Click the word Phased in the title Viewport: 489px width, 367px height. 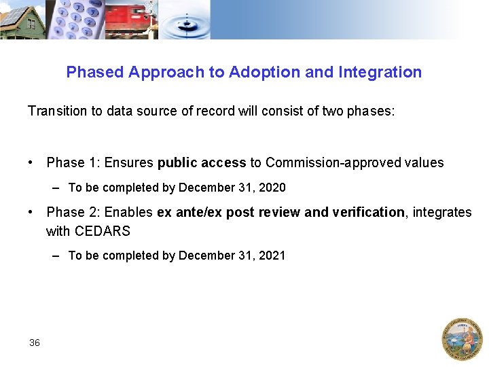tap(94, 72)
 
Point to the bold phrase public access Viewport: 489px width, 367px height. tap(202, 163)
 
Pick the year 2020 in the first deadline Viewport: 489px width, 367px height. tap(273, 188)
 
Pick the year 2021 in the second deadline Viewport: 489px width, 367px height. tap(273, 256)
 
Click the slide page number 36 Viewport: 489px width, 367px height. tap(35, 343)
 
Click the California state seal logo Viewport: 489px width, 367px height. tap(463, 338)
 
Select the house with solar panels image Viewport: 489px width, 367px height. tap(22, 19)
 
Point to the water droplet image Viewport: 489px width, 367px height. tap(187, 20)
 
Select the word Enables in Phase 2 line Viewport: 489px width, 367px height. tap(130, 213)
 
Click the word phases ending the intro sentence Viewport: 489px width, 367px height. tap(371, 110)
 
